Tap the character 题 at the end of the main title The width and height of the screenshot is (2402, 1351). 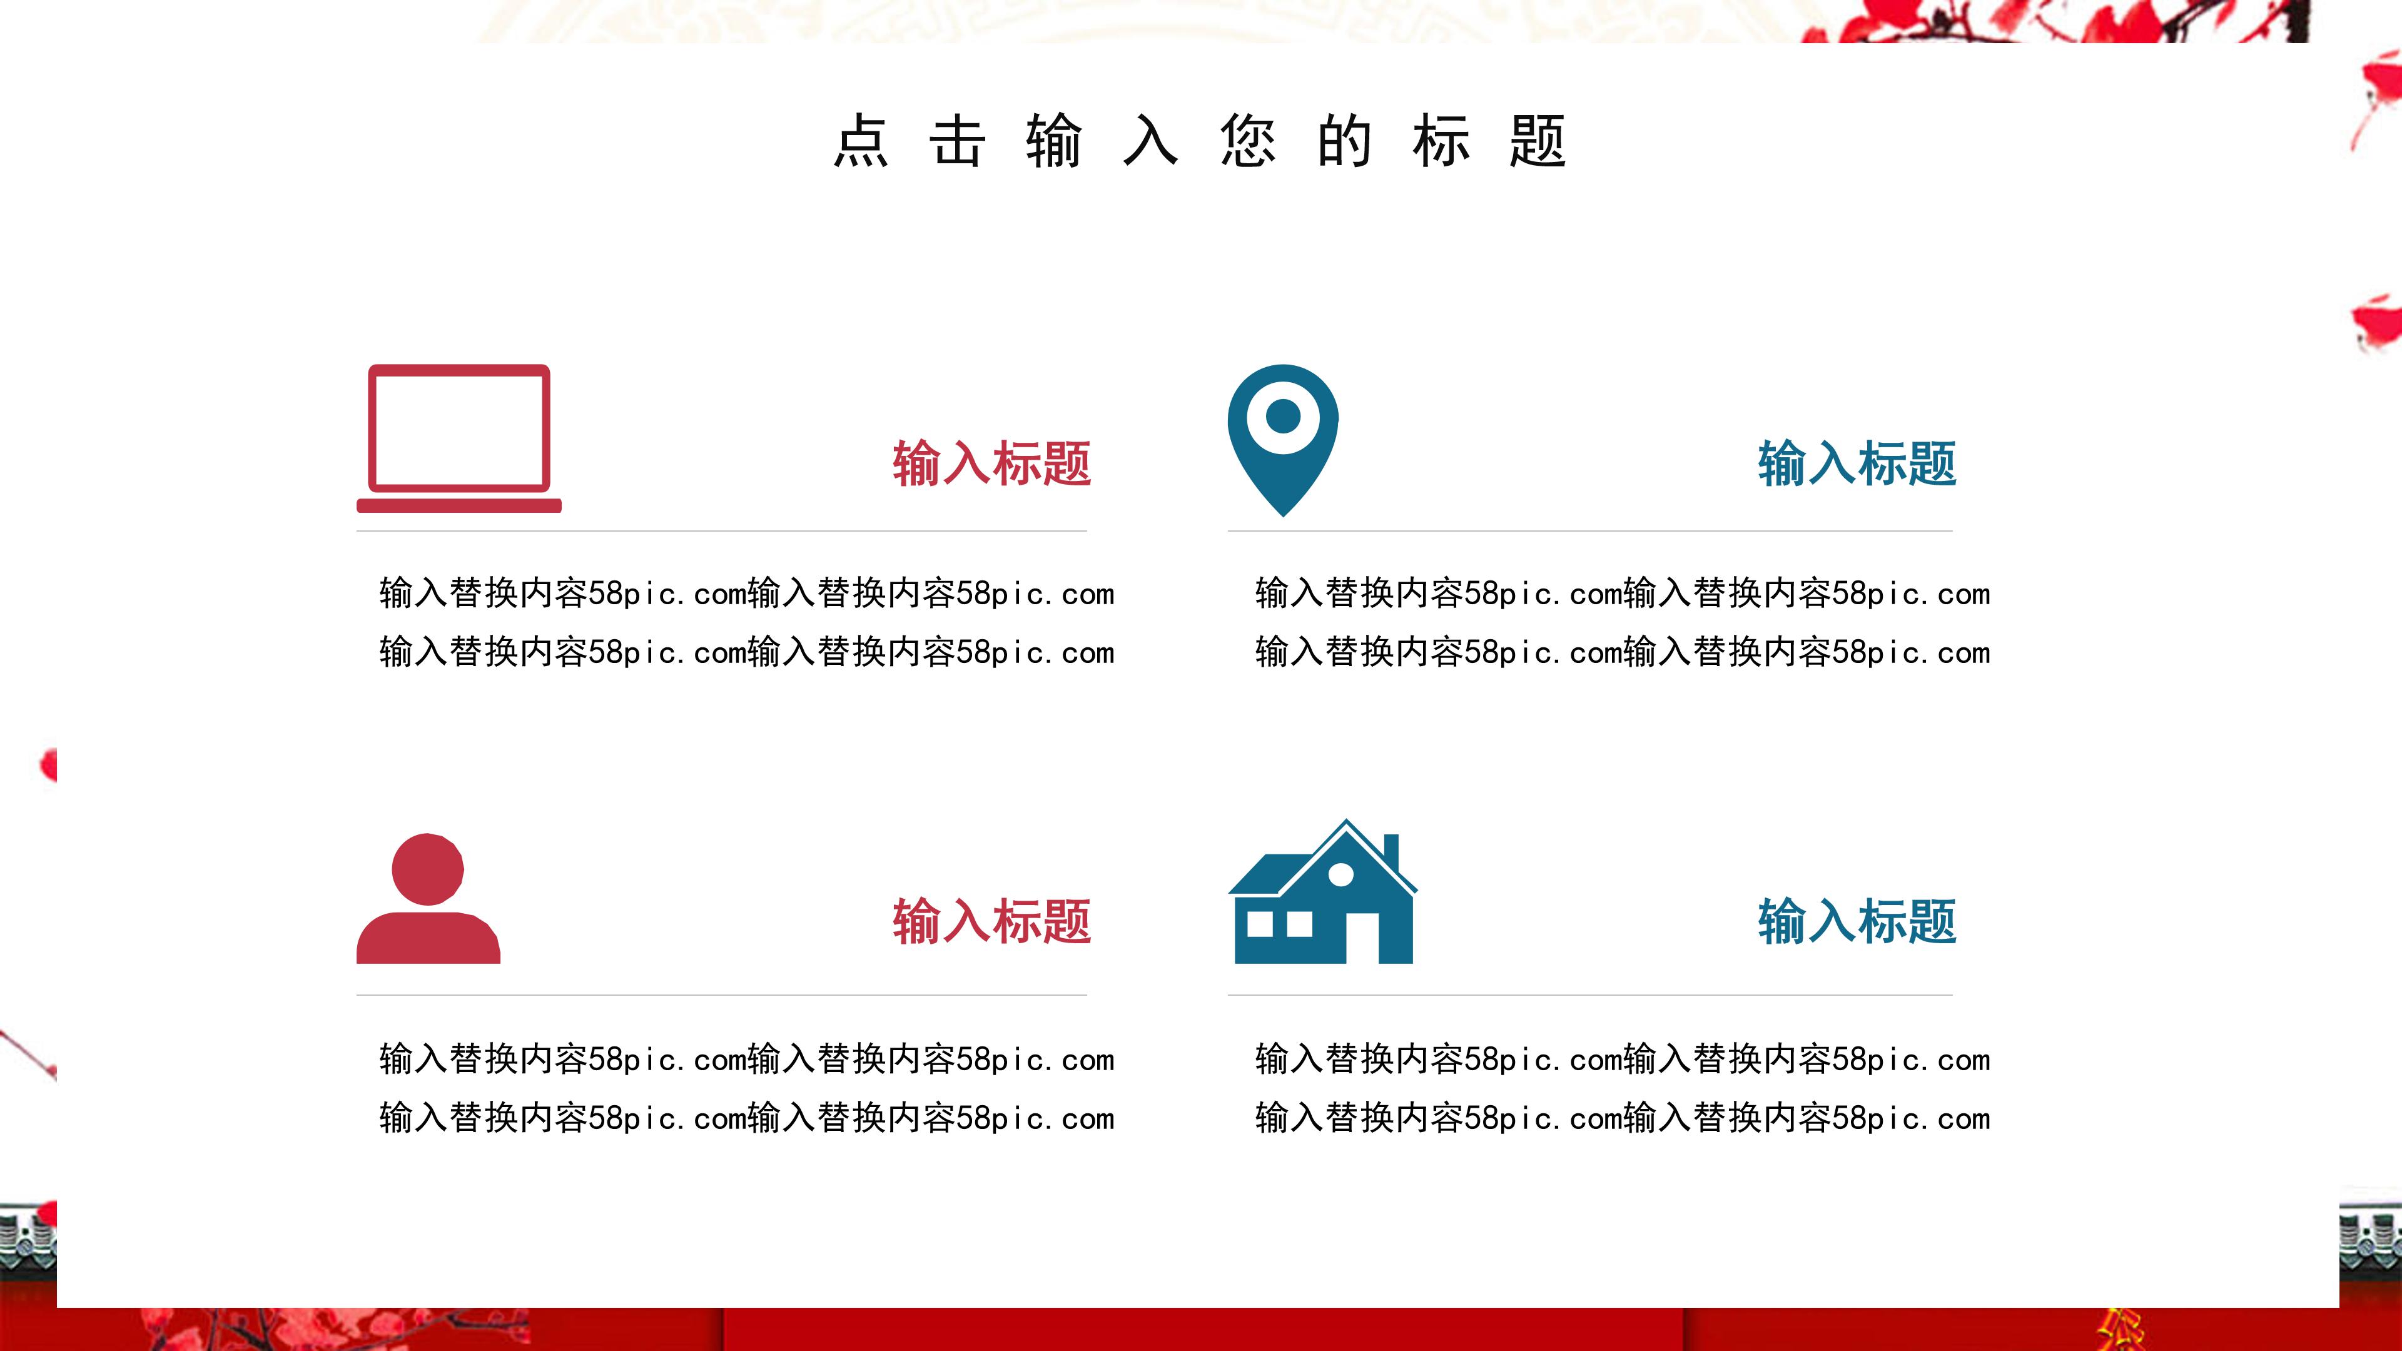[x=1537, y=142]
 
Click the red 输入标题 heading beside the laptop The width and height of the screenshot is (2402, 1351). [x=991, y=463]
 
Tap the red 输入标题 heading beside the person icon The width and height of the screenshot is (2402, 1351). [x=991, y=921]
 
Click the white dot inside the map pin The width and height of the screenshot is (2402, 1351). [x=1283, y=416]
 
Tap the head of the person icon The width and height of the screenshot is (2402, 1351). [x=428, y=869]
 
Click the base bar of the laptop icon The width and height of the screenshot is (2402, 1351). [x=459, y=505]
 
